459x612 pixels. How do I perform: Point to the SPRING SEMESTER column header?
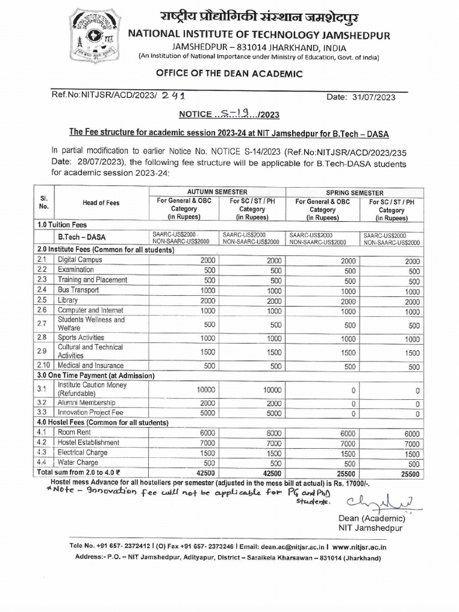[355, 193]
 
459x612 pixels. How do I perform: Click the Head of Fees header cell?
[101, 203]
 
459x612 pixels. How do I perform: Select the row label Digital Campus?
[80, 260]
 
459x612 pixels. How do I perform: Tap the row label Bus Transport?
[78, 290]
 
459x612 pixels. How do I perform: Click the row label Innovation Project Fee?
[90, 412]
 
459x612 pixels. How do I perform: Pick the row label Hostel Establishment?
[88, 443]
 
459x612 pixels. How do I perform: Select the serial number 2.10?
[42, 365]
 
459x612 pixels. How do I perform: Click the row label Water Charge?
[78, 463]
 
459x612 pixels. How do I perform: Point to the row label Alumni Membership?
[87, 402]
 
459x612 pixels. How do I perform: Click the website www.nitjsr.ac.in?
[359, 546]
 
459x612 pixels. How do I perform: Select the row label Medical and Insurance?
[91, 365]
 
